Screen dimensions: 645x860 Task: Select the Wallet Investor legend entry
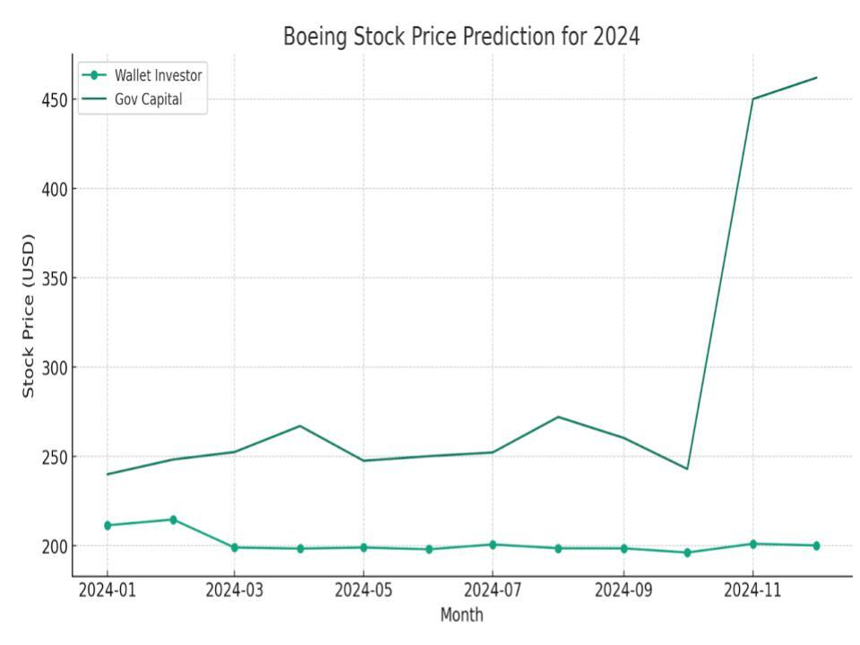tap(158, 75)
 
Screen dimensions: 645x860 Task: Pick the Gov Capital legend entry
tap(148, 99)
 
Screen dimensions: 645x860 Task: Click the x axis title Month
tap(461, 615)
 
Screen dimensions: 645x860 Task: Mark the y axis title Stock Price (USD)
tap(29, 315)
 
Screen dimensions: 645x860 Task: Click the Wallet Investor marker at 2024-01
tap(107, 525)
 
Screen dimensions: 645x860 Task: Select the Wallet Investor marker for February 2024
tap(173, 520)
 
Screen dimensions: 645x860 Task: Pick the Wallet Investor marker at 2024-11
tap(752, 544)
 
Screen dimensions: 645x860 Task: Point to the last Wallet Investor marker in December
tap(816, 546)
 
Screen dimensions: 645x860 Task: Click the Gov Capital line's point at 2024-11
tap(752, 99)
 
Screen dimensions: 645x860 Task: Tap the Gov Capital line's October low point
tap(687, 469)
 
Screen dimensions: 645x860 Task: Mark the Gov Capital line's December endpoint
tap(816, 77)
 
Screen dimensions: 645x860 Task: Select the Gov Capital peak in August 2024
tap(557, 417)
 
